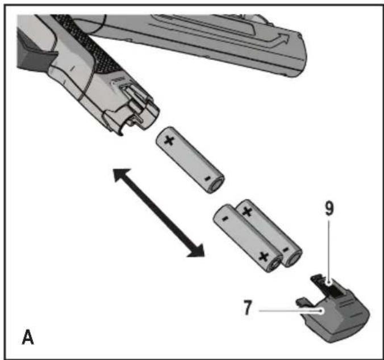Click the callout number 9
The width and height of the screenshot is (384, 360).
coord(329,209)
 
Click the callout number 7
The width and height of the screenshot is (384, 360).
coord(248,308)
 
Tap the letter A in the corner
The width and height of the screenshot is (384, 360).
coord(28,337)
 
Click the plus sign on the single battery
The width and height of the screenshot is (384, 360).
coord(169,140)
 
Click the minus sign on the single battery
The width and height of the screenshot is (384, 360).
coord(207,178)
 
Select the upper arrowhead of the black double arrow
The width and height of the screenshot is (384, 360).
coord(122,175)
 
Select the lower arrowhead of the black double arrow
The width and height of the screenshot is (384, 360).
coord(197,250)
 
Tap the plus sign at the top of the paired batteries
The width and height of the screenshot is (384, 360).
coord(247,211)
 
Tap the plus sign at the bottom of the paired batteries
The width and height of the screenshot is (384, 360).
coord(264,257)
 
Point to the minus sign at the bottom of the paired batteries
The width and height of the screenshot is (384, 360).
coord(286,250)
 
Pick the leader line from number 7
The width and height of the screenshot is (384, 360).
coord(291,311)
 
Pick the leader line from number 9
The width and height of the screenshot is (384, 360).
coord(329,252)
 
